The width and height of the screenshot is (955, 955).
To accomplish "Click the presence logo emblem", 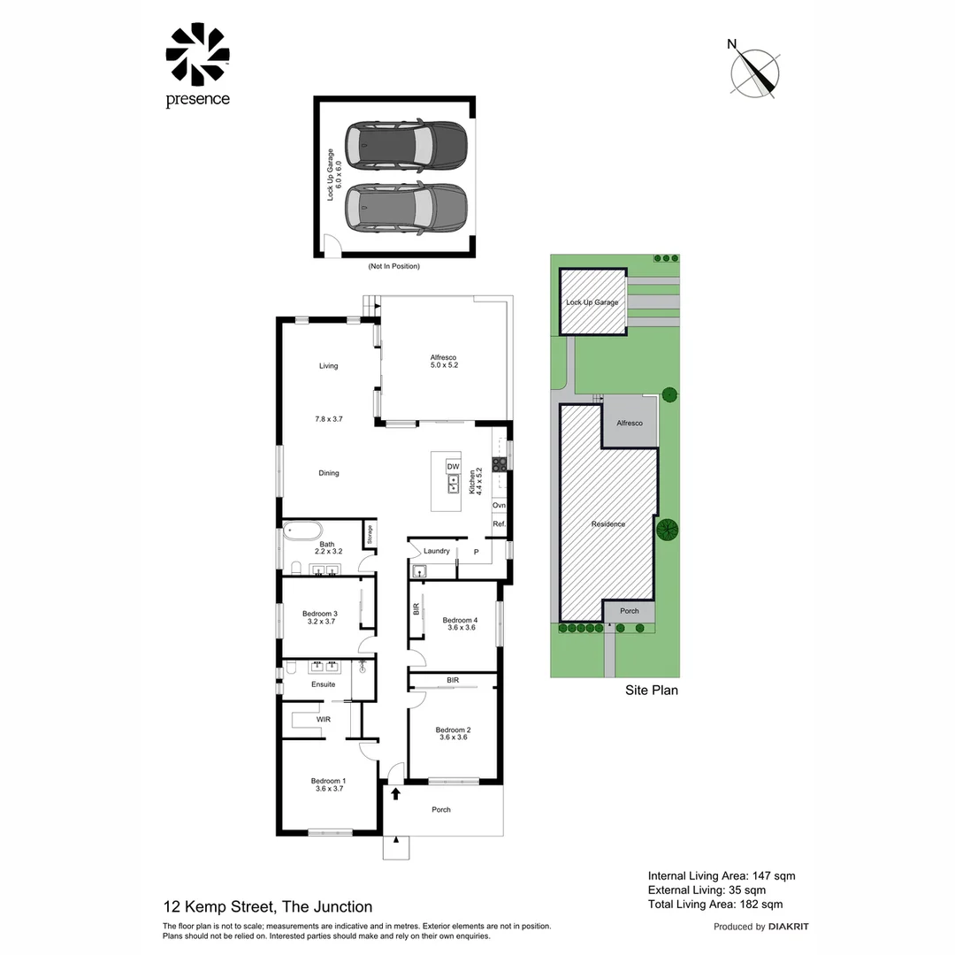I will tap(197, 55).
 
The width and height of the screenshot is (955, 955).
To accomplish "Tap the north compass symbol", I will tap(756, 70).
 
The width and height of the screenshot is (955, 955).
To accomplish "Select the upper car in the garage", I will tap(406, 146).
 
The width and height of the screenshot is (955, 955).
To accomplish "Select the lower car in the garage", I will tap(406, 209).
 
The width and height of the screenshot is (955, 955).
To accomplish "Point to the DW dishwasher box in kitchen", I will tap(453, 466).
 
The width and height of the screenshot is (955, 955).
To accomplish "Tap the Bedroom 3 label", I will tap(319, 614).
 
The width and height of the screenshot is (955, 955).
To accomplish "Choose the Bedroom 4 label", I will tap(459, 621).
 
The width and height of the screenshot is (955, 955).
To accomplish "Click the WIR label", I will tap(324, 721).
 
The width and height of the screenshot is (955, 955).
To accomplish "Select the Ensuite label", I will tap(323, 684).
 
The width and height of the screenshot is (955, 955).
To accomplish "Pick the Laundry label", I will tap(436, 551).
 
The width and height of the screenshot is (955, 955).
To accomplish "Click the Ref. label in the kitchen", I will tap(499, 524).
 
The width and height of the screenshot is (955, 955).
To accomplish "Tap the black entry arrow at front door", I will tap(395, 794).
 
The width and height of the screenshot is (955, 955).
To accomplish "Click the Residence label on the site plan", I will tap(608, 524).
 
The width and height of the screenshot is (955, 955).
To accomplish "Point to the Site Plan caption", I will tap(652, 690).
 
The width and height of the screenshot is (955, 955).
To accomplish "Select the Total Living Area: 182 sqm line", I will tap(715, 904).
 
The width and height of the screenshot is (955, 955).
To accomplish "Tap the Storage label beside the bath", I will tap(368, 534).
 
